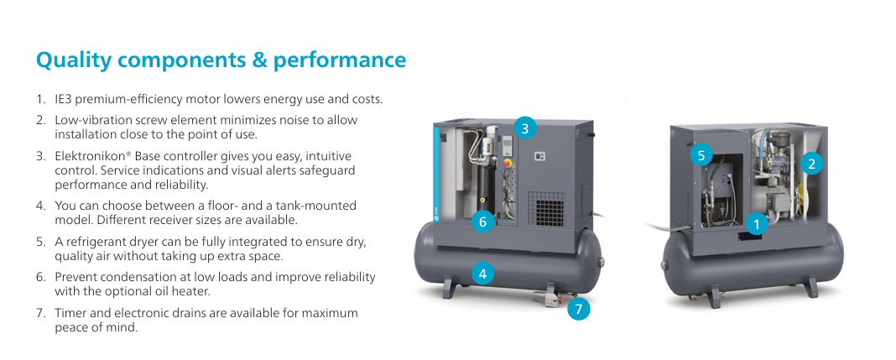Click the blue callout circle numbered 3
pos(525,128)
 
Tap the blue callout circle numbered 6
pos(483,222)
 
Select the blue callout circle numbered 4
pos(483,274)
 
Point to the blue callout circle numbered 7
pos(579,309)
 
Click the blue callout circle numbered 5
pos(701,155)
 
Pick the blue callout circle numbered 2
pos(811,164)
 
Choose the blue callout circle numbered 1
pos(757,224)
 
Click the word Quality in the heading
pos(74,60)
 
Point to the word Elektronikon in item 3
pos(86,156)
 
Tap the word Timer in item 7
pos(69,313)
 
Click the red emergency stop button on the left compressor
pos(506,162)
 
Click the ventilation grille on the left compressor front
pos(545,211)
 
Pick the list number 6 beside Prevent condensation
pos(40,277)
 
